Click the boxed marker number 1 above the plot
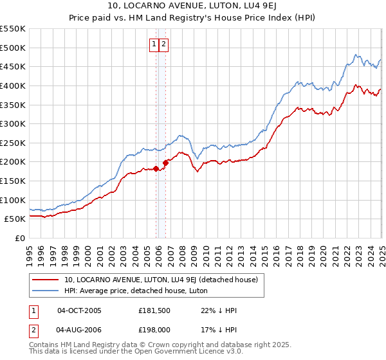click(x=155, y=44)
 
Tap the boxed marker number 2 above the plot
click(x=164, y=44)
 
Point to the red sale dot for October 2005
click(x=156, y=169)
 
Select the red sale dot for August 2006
click(x=165, y=163)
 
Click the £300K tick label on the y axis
click(x=13, y=123)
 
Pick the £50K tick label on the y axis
click(x=15, y=219)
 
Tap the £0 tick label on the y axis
click(x=21, y=238)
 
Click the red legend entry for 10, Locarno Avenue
click(x=161, y=280)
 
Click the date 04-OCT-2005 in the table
click(x=79, y=310)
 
